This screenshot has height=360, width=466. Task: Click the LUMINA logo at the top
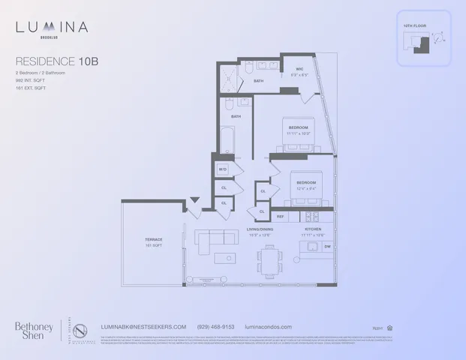point(53,28)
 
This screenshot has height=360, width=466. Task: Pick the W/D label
point(222,169)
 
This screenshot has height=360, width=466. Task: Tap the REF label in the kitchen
point(280,216)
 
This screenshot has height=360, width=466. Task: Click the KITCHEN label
point(312,229)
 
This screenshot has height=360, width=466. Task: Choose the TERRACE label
point(154,239)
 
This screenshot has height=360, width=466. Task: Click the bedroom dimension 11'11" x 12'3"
point(299,134)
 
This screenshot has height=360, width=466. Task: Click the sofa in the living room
point(214,239)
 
